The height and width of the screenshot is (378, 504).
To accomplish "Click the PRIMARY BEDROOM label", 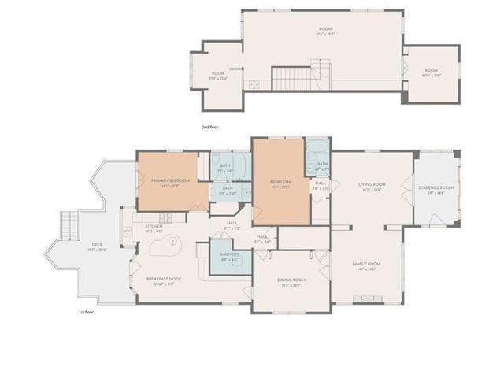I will click(x=170, y=180).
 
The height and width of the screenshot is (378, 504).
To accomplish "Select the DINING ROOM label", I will click(x=292, y=280).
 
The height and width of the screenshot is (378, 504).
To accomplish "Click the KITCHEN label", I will click(x=154, y=227).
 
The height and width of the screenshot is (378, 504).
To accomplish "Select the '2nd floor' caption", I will click(x=209, y=126).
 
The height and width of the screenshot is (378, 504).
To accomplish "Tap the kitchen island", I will click(x=161, y=250).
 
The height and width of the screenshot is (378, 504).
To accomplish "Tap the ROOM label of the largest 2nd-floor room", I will click(x=324, y=31).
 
